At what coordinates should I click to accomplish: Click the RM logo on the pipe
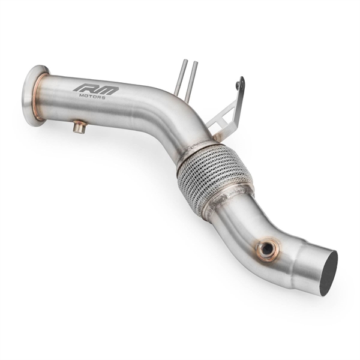96,89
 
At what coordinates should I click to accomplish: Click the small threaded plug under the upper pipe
79,127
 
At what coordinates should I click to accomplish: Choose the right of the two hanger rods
191,81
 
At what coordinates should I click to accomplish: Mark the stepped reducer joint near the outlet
300,258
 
